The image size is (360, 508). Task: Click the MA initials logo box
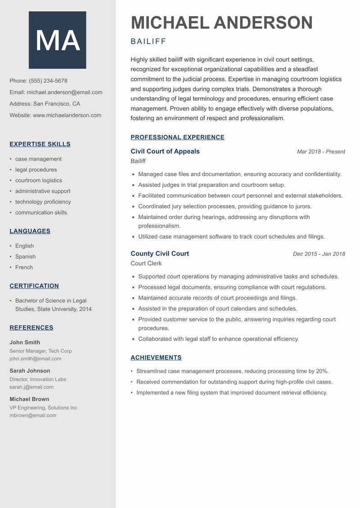57,40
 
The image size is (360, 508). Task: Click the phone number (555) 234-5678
48,81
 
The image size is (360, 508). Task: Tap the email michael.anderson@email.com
64,92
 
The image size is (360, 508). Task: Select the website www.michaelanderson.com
67,115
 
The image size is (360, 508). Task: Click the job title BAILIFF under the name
148,42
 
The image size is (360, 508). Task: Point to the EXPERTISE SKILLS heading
40,144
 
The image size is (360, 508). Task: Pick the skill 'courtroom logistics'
39,180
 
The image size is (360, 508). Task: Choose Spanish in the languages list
25,257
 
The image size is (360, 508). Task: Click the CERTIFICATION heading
34,286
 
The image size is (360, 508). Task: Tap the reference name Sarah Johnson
30,371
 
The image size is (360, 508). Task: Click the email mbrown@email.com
33,415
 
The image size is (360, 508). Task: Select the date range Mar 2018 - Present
321,152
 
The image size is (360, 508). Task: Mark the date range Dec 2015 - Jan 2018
319,254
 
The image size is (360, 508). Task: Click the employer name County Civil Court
160,254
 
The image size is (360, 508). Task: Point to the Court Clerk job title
146,263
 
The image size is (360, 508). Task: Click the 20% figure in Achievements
321,371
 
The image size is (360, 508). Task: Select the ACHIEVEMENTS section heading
156,358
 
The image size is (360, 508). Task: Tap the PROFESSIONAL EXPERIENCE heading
177,138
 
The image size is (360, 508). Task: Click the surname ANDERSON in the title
263,23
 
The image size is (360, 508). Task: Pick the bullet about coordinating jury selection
225,206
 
